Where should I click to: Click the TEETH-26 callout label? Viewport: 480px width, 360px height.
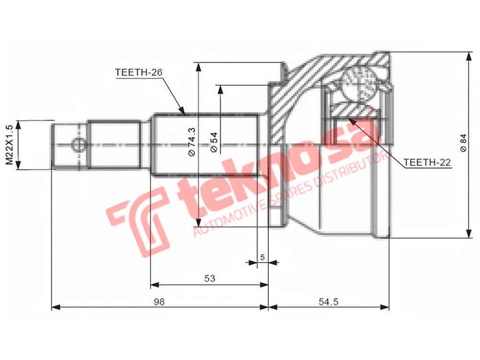pyautogui.click(x=139, y=73)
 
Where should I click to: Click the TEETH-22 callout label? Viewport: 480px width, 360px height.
pyautogui.click(x=427, y=162)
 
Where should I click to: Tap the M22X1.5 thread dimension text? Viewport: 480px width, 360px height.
pyautogui.click(x=9, y=145)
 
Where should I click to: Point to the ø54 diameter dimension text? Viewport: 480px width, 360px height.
pyautogui.click(x=214, y=142)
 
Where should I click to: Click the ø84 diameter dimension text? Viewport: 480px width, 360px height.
pyautogui.click(x=463, y=142)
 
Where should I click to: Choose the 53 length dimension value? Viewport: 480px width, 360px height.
pyautogui.click(x=209, y=278)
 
